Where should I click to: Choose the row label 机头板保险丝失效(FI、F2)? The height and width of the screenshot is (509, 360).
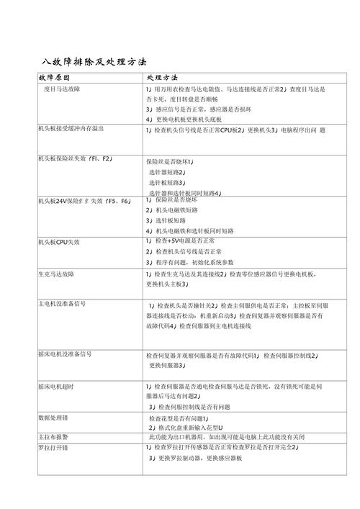coord(73,157)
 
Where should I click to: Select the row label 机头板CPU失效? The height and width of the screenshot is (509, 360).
coord(59,242)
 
